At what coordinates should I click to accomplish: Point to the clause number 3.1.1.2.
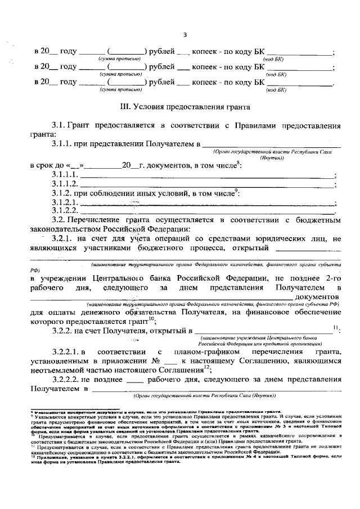click(x=65, y=184)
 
